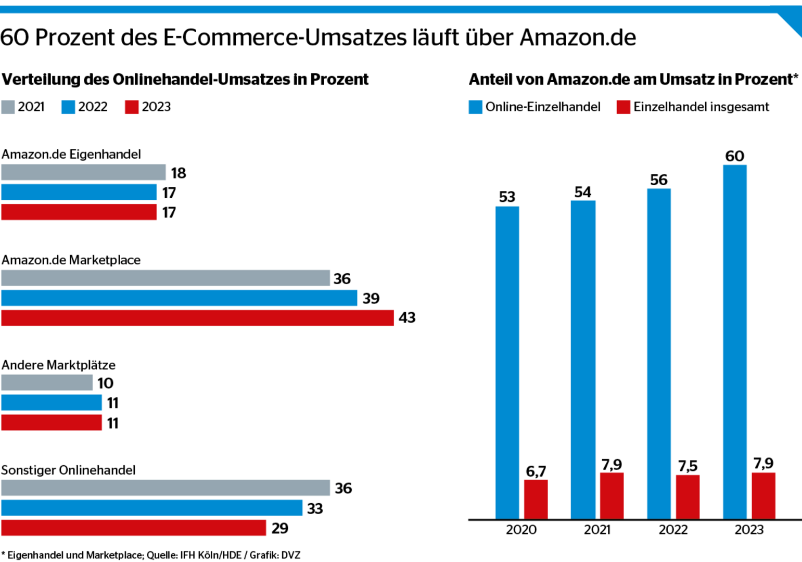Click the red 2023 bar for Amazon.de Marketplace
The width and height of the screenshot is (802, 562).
[197, 318]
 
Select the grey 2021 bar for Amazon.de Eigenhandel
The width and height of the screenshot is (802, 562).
[83, 172]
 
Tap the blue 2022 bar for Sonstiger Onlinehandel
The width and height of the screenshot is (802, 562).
[151, 508]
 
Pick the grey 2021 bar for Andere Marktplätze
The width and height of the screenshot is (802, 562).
[47, 383]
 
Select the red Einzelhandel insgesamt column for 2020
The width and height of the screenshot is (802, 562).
[536, 500]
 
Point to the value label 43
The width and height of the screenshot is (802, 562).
[407, 318]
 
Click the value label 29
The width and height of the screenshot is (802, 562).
[279, 528]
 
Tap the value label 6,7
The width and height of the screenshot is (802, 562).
[536, 471]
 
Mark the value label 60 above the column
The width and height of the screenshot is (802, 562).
[734, 156]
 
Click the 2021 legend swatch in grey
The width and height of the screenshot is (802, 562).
[8, 107]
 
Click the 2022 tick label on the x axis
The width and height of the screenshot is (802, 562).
[673, 530]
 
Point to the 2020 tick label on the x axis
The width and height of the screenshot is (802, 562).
[521, 530]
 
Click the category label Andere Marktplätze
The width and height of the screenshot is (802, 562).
[58, 365]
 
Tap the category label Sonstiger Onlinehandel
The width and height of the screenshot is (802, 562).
[68, 470]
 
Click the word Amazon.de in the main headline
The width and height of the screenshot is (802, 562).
[578, 37]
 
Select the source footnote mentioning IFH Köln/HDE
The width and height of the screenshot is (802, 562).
[151, 555]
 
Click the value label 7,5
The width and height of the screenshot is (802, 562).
[688, 466]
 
